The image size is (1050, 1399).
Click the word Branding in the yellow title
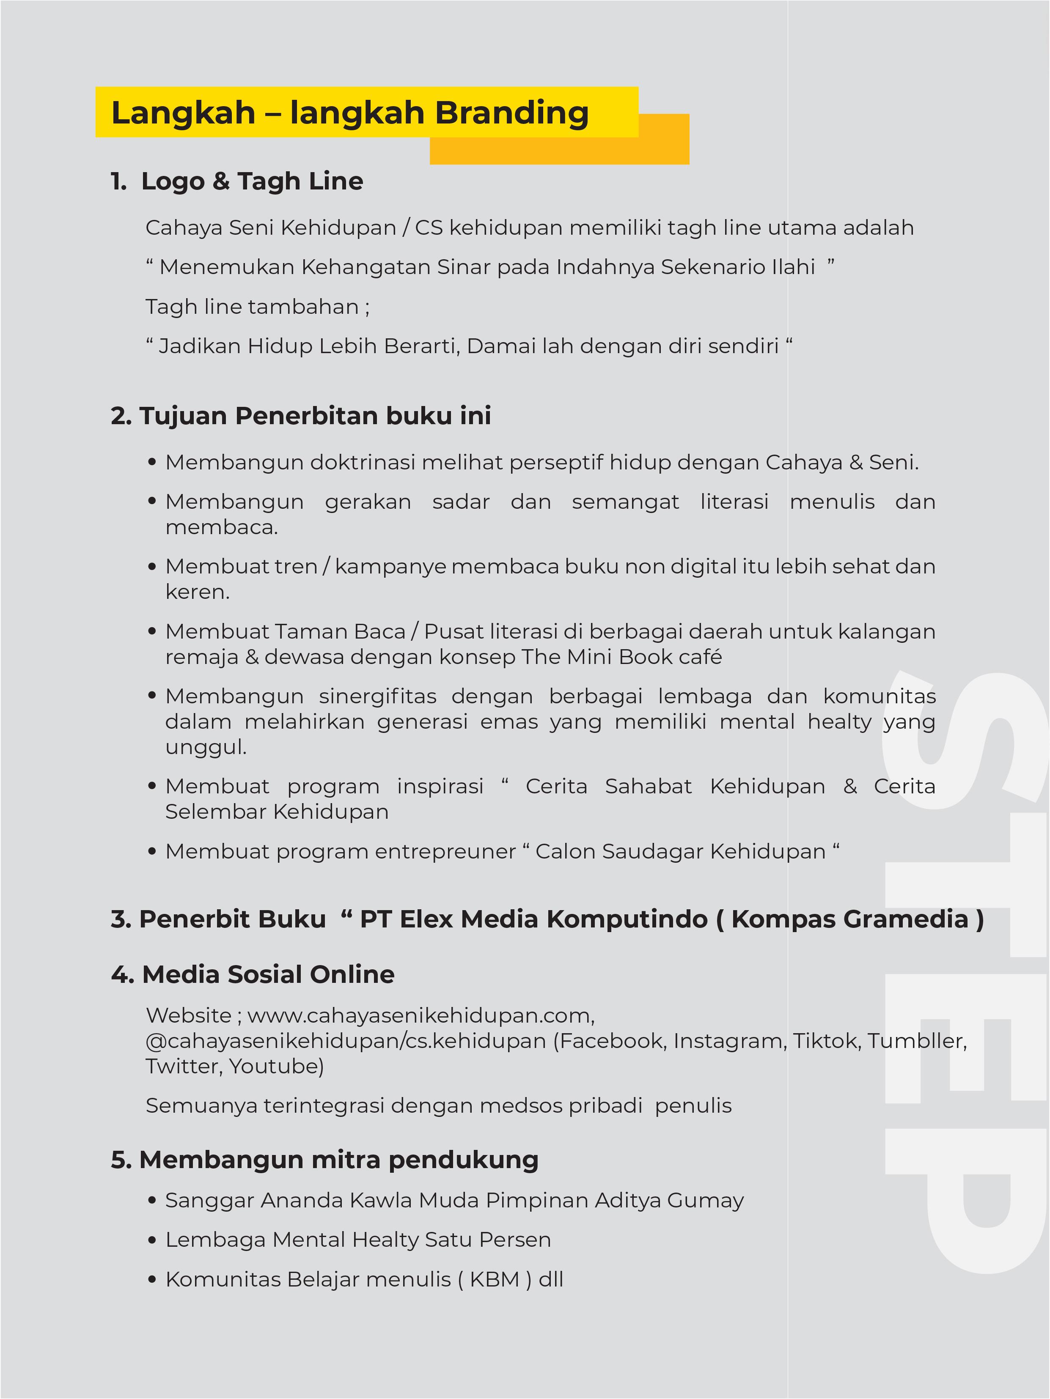click(x=512, y=113)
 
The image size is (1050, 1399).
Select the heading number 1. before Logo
click(x=118, y=181)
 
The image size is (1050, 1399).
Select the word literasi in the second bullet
click(x=734, y=502)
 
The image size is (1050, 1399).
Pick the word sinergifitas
click(x=378, y=697)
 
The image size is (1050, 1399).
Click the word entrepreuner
click(x=445, y=852)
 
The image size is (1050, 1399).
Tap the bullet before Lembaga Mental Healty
click(x=152, y=1240)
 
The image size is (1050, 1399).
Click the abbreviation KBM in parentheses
click(x=494, y=1279)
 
